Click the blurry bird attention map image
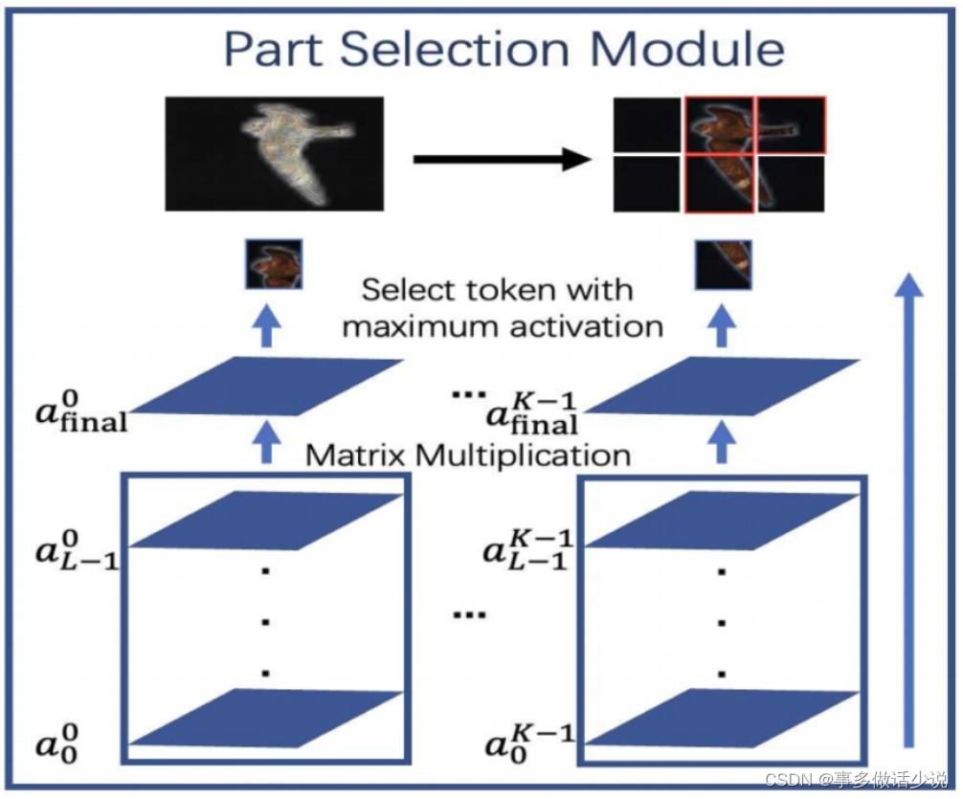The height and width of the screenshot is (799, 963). pos(274,153)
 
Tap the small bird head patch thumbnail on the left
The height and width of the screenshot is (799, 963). pos(275,265)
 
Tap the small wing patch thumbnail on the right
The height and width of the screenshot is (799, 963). pos(723,265)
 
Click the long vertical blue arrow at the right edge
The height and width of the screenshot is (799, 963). pos(910,507)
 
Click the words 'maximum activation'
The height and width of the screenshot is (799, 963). pos(503,325)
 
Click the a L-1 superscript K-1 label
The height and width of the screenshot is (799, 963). pos(529,554)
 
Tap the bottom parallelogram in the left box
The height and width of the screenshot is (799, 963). pos(266,718)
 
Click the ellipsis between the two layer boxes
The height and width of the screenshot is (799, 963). pos(464,612)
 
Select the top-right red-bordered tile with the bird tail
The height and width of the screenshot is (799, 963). pos(791,123)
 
